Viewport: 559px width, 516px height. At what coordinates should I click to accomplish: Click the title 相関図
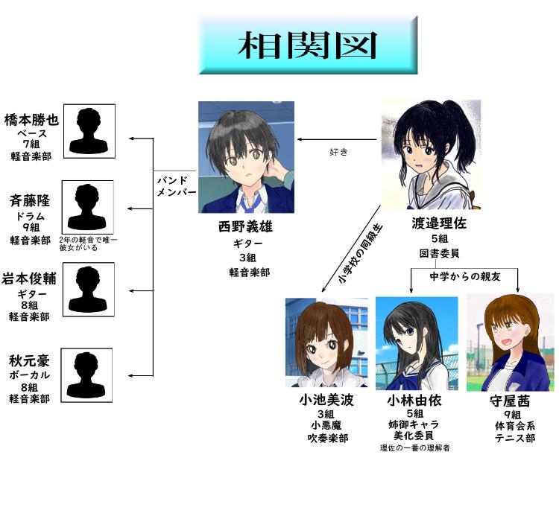(306, 45)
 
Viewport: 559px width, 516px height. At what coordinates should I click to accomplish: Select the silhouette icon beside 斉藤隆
(88, 206)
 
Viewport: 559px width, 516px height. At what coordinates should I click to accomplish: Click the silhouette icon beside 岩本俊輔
(88, 290)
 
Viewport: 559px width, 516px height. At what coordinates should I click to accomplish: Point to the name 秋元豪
(29, 361)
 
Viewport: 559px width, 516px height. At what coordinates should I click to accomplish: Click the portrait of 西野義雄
(246, 157)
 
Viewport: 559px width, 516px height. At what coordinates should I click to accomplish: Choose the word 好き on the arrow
(339, 152)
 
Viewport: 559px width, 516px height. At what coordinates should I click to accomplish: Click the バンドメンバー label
(177, 186)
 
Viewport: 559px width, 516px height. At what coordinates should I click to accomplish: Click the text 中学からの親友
(464, 275)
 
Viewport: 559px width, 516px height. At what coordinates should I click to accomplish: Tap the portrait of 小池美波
(326, 342)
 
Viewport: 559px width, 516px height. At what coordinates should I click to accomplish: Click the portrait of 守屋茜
(510, 342)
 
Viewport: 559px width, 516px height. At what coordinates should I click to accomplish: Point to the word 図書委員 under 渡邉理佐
(439, 253)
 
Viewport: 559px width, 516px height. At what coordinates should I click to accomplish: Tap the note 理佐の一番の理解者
(414, 447)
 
